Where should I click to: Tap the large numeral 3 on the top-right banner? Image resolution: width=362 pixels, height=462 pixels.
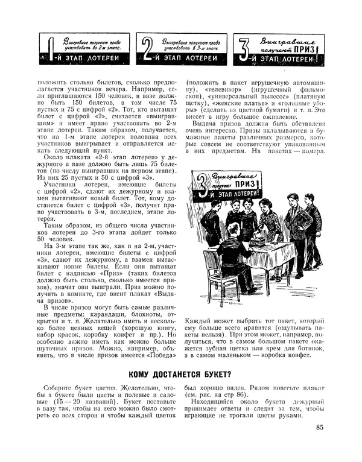pyautogui.click(x=243, y=51)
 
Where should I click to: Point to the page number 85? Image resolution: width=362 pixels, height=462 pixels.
pyautogui.click(x=320, y=429)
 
